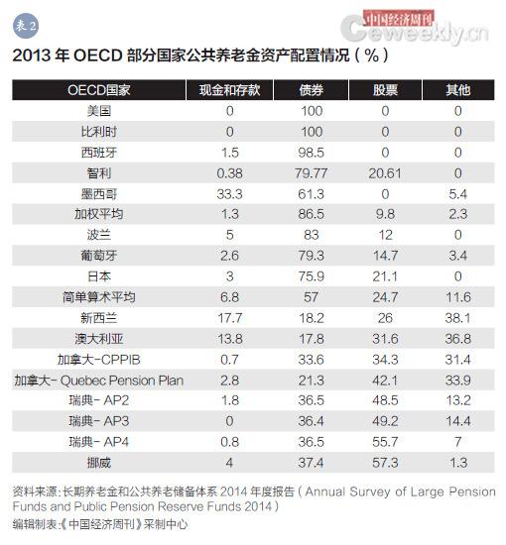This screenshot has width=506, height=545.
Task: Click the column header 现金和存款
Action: tap(229, 90)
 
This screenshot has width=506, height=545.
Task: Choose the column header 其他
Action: tap(457, 90)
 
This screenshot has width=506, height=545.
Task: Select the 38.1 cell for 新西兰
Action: tap(457, 317)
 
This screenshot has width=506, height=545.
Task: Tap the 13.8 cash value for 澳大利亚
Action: tap(229, 338)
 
